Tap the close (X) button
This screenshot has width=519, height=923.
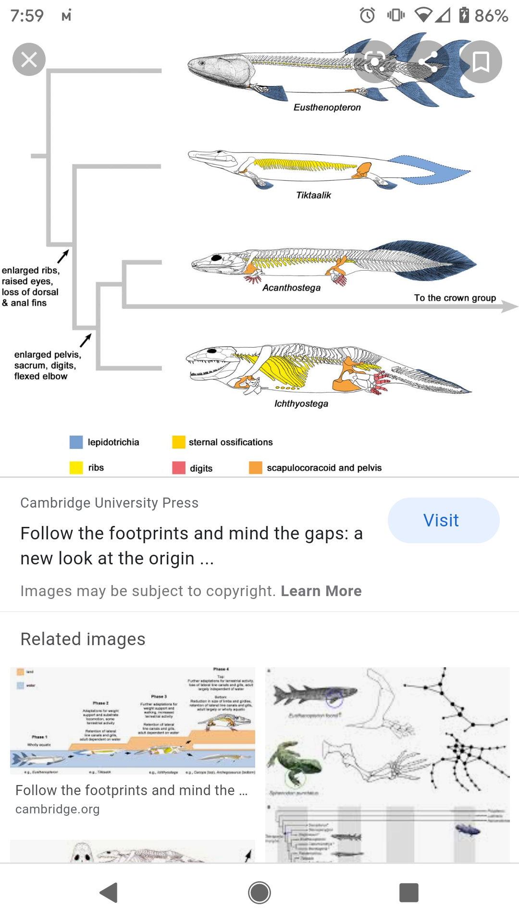click(29, 60)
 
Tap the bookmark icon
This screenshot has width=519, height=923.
click(481, 62)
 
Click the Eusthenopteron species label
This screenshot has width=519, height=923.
click(327, 107)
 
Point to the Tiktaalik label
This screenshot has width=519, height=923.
click(313, 195)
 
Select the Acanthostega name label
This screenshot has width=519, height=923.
click(291, 287)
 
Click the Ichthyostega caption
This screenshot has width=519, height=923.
click(301, 404)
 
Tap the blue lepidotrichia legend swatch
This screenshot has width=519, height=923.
click(76, 442)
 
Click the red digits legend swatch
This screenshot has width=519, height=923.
click(179, 468)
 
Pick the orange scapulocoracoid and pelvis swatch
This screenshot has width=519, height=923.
click(255, 468)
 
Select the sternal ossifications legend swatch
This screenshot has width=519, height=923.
click(179, 442)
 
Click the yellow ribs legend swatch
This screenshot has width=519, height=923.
click(76, 468)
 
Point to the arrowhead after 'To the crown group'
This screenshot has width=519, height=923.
click(509, 306)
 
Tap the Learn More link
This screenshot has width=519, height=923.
click(321, 591)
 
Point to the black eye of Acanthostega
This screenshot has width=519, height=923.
click(217, 258)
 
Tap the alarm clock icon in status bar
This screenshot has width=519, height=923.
click(368, 15)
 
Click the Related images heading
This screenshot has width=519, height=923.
click(83, 639)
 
